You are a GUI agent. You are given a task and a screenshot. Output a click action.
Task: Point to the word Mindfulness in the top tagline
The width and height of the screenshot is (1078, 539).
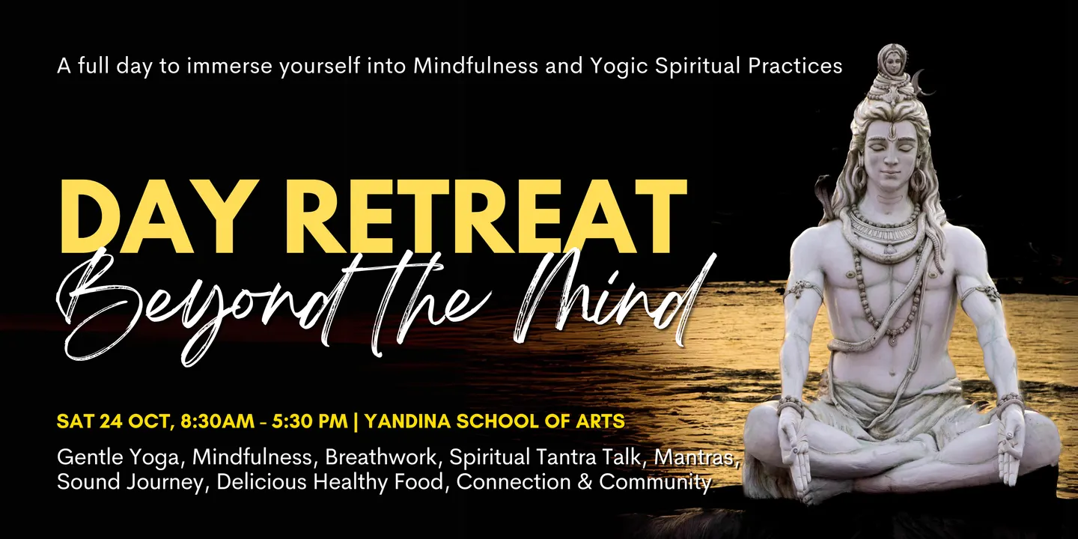(x=475, y=66)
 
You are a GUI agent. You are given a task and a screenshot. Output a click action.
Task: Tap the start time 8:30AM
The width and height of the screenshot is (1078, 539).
(x=217, y=421)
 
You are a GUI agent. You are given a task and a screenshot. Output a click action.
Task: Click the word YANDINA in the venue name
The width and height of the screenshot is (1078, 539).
(x=407, y=421)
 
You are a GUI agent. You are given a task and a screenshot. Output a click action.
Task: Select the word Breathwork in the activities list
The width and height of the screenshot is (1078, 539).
(x=380, y=457)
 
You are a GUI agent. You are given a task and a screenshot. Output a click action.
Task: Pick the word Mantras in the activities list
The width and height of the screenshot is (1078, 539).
(x=695, y=457)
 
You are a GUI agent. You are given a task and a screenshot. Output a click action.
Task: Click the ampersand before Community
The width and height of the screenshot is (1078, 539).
(x=584, y=482)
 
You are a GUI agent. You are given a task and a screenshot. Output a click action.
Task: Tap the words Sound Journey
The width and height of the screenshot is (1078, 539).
(x=130, y=483)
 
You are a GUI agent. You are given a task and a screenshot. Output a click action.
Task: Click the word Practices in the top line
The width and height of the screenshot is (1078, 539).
(x=795, y=66)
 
